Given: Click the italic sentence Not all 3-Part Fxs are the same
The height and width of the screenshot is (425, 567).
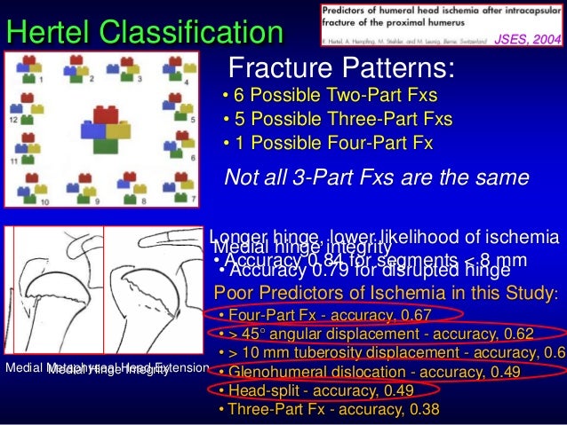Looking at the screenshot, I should (x=377, y=177).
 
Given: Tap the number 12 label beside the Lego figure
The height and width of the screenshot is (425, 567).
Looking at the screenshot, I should (x=13, y=119).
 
